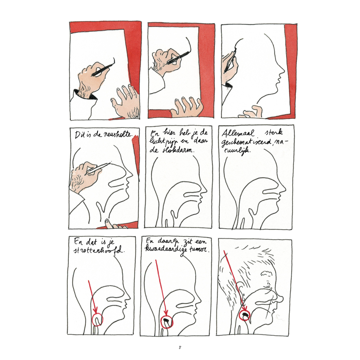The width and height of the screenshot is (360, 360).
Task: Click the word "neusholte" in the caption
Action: pyautogui.click(x=118, y=134)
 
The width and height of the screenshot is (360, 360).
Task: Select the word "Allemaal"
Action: pyautogui.click(x=238, y=133)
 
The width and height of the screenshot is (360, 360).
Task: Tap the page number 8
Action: pyautogui.click(x=180, y=347)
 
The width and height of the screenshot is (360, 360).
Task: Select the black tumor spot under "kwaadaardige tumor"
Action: pyautogui.click(x=167, y=320)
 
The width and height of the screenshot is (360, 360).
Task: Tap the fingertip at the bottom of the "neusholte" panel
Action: pyautogui.click(x=107, y=222)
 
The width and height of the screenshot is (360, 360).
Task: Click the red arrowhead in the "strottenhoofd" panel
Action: pyautogui.click(x=95, y=310)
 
